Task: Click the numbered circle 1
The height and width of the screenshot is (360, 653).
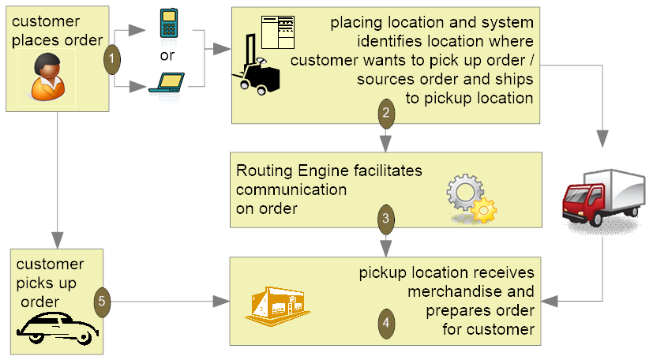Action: point(112,59)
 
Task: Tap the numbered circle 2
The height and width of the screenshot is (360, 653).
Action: point(386,113)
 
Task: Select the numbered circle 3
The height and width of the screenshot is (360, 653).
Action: point(385,219)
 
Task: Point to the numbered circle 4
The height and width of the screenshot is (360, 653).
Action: point(386,323)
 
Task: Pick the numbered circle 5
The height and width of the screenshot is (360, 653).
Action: point(102,302)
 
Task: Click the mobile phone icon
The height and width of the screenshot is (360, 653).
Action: point(169,24)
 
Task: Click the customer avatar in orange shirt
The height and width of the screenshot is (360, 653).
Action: point(47,77)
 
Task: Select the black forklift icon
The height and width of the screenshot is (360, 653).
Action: point(256,65)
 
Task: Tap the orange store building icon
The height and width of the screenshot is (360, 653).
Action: point(277,306)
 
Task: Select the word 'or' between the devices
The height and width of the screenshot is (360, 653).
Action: point(167,56)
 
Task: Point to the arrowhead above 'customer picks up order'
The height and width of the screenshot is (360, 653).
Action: point(58,240)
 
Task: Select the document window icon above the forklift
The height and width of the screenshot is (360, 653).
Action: point(278,32)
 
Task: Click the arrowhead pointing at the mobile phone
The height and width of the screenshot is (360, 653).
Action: point(137,30)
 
